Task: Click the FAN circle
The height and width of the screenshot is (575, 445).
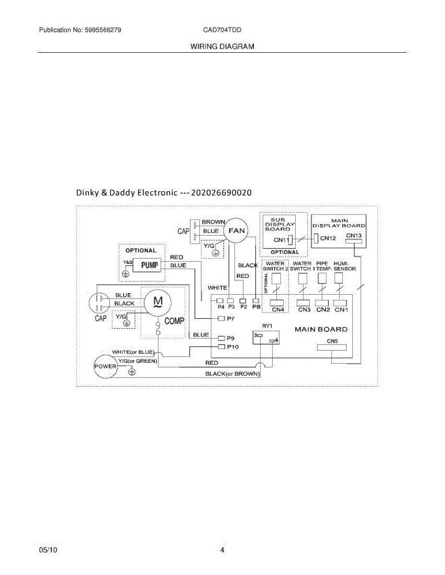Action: tap(236, 230)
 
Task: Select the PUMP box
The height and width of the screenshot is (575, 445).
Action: tap(149, 265)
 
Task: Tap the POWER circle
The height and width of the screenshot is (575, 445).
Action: tap(105, 366)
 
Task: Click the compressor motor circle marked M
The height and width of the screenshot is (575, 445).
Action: tap(157, 302)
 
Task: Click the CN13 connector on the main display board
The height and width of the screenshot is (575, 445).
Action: tap(353, 241)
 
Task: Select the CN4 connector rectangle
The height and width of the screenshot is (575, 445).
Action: tap(277, 302)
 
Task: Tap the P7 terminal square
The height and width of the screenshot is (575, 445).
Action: tap(221, 319)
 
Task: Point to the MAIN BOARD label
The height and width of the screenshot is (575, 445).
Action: tap(321, 329)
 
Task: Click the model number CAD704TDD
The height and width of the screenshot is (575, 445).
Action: tap(222, 30)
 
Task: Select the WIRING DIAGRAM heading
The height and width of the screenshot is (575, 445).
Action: tap(222, 46)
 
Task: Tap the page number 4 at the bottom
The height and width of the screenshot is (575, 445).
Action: tap(222, 550)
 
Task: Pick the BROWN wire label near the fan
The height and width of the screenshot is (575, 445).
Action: tap(213, 222)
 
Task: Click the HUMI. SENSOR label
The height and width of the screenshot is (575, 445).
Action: tap(344, 266)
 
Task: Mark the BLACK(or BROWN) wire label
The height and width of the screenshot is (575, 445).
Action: tap(233, 373)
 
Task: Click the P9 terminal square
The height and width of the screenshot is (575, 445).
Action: tap(221, 337)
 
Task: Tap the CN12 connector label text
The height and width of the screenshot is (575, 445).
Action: tap(328, 238)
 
